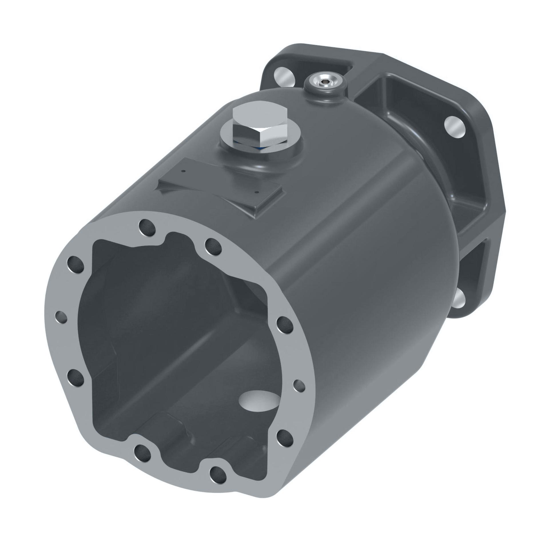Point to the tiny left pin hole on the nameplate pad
184,171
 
